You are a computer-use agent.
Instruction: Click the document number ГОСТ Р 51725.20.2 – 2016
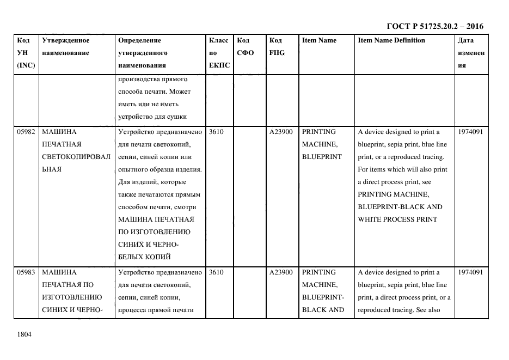tap(434, 26)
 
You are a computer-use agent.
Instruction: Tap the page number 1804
tap(24, 334)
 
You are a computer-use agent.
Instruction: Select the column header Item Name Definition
tap(391, 40)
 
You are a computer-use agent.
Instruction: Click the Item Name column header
tap(319, 40)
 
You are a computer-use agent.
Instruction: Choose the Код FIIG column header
tap(277, 46)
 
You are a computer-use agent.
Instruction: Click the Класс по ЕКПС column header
tap(219, 53)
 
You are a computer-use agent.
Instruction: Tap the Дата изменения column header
tap(471, 53)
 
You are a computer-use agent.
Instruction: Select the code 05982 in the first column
tap(26, 132)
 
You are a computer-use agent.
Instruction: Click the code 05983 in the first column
tap(26, 272)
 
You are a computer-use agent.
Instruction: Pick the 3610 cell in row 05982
tap(216, 132)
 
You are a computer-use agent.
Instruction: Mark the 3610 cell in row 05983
tap(216, 272)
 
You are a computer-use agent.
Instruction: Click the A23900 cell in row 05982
tap(281, 132)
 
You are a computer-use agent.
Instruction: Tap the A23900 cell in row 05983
tap(281, 272)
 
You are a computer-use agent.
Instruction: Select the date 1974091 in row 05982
tap(471, 132)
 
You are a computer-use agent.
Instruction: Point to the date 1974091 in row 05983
tap(471, 272)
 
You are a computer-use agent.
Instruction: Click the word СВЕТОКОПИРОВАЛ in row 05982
tap(76, 157)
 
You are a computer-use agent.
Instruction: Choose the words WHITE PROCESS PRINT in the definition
tap(397, 219)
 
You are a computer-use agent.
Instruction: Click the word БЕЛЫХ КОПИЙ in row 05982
tap(144, 257)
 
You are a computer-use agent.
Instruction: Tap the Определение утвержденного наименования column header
tap(143, 53)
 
